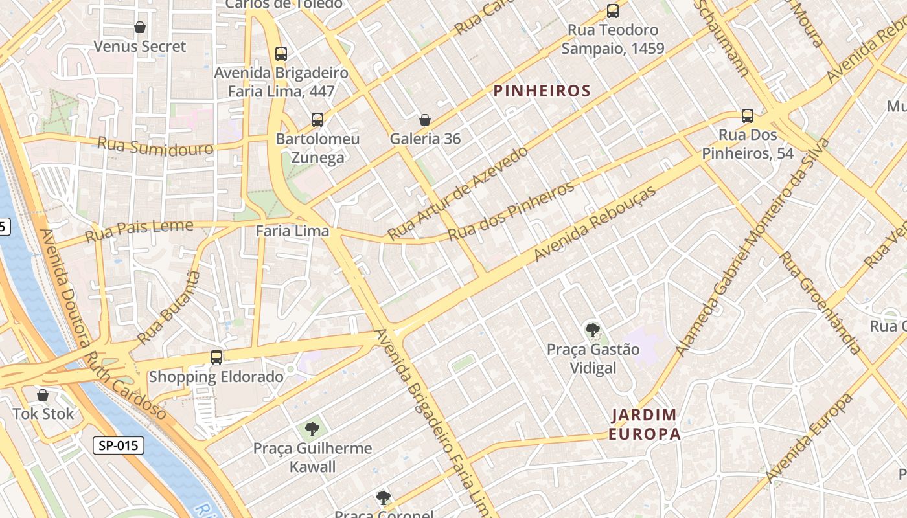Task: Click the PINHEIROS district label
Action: pyautogui.click(x=542, y=91)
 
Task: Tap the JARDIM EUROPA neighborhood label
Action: pyautogui.click(x=645, y=424)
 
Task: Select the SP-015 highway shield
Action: pyautogui.click(x=117, y=445)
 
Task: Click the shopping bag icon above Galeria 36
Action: pyautogui.click(x=425, y=120)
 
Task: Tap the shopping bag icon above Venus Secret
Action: pyautogui.click(x=139, y=27)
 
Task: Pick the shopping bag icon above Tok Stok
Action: pyautogui.click(x=43, y=394)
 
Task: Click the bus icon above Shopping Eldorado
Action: pyautogui.click(x=216, y=357)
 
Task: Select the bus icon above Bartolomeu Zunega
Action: pyautogui.click(x=317, y=120)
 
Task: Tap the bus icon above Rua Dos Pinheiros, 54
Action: pyautogui.click(x=748, y=116)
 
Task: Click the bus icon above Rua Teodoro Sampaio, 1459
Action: pyautogui.click(x=612, y=11)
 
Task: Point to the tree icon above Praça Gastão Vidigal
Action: pyautogui.click(x=592, y=330)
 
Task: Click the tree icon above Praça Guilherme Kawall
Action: pyautogui.click(x=312, y=429)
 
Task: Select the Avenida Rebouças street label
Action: pyautogui.click(x=594, y=224)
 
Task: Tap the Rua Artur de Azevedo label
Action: pyautogui.click(x=457, y=193)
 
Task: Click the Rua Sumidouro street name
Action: pyautogui.click(x=155, y=146)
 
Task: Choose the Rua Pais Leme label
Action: pyautogui.click(x=139, y=230)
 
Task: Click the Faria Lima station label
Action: pyautogui.click(x=292, y=231)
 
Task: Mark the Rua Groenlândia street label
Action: pyautogui.click(x=820, y=302)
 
